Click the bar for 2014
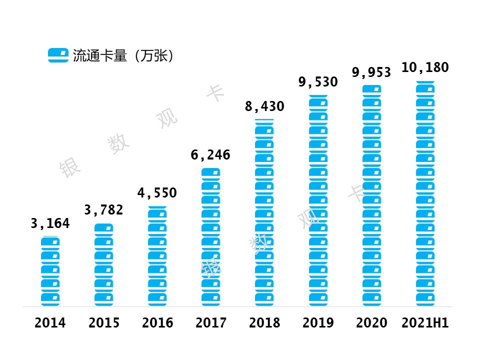pos(50,271)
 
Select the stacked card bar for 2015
pos(103,264)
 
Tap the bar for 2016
pos(157,256)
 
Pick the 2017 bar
pos(210,237)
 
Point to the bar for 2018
pos(264,212)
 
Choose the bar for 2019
pos(318,200)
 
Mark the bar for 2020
pos(371,195)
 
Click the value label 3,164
pos(50,223)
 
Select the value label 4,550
pos(157,193)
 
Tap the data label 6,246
pos(210,155)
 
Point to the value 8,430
pos(264,106)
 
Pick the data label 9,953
pos(371,72)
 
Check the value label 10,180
pos(425,67)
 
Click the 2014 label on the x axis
pos(50,323)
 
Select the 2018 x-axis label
pos(264,323)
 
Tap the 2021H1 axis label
pos(425,323)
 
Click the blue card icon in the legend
pos(58,55)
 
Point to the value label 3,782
pos(103,210)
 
